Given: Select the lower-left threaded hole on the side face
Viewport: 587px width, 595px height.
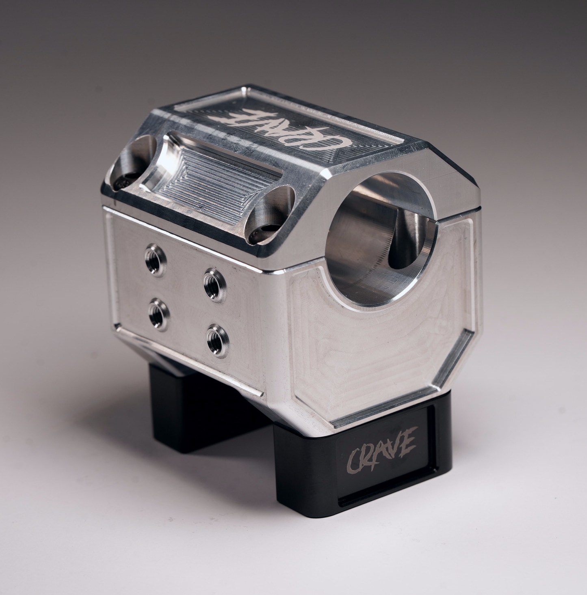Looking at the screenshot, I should (158, 313).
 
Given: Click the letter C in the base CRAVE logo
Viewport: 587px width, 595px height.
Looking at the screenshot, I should (353, 461).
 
